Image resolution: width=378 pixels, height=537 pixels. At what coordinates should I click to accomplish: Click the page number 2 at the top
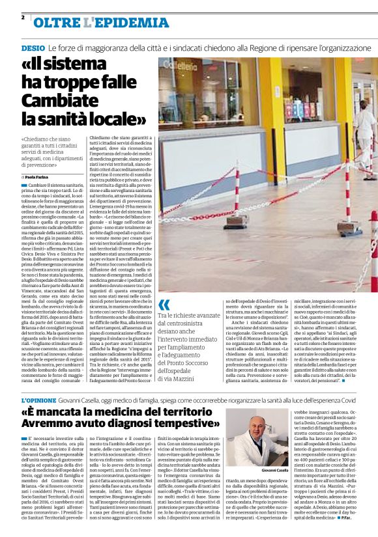23,17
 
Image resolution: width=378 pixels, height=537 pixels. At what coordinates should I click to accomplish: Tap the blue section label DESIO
33,48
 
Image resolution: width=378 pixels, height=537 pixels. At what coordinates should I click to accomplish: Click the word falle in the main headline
114,83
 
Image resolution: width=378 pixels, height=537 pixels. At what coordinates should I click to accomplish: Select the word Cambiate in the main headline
57,101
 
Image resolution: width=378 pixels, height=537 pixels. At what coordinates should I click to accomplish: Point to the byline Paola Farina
41,176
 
